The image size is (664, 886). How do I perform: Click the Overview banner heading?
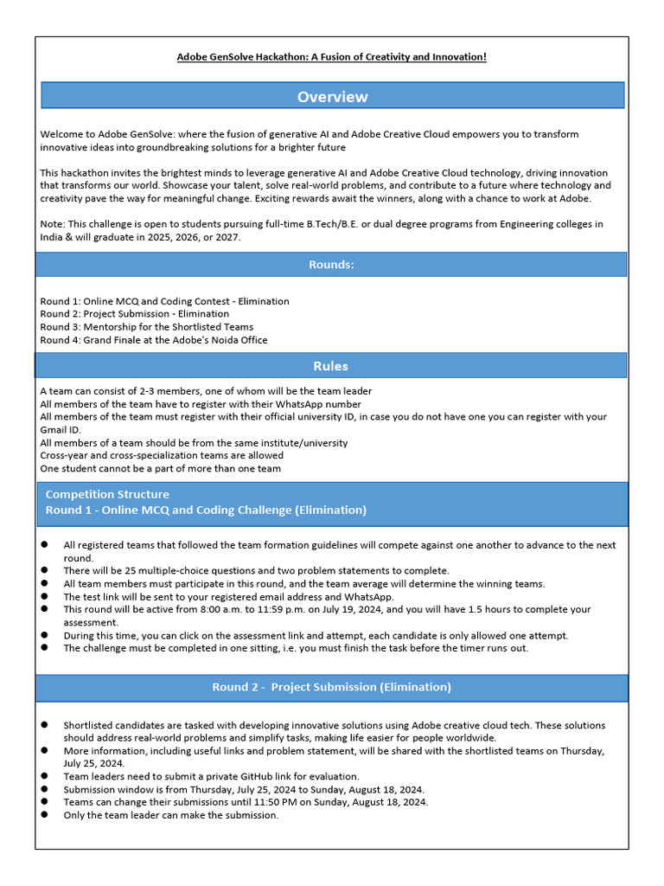332,97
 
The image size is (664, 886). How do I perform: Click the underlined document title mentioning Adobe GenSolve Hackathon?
332,57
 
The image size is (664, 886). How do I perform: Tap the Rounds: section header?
332,265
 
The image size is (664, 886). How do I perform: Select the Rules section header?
332,366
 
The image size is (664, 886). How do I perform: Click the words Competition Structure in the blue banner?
107,494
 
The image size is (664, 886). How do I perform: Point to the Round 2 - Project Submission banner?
332,687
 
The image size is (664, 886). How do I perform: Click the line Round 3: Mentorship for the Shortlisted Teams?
147,327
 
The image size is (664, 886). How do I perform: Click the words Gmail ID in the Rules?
61,430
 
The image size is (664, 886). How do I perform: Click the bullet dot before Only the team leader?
44,815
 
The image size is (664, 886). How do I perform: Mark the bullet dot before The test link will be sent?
44,597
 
